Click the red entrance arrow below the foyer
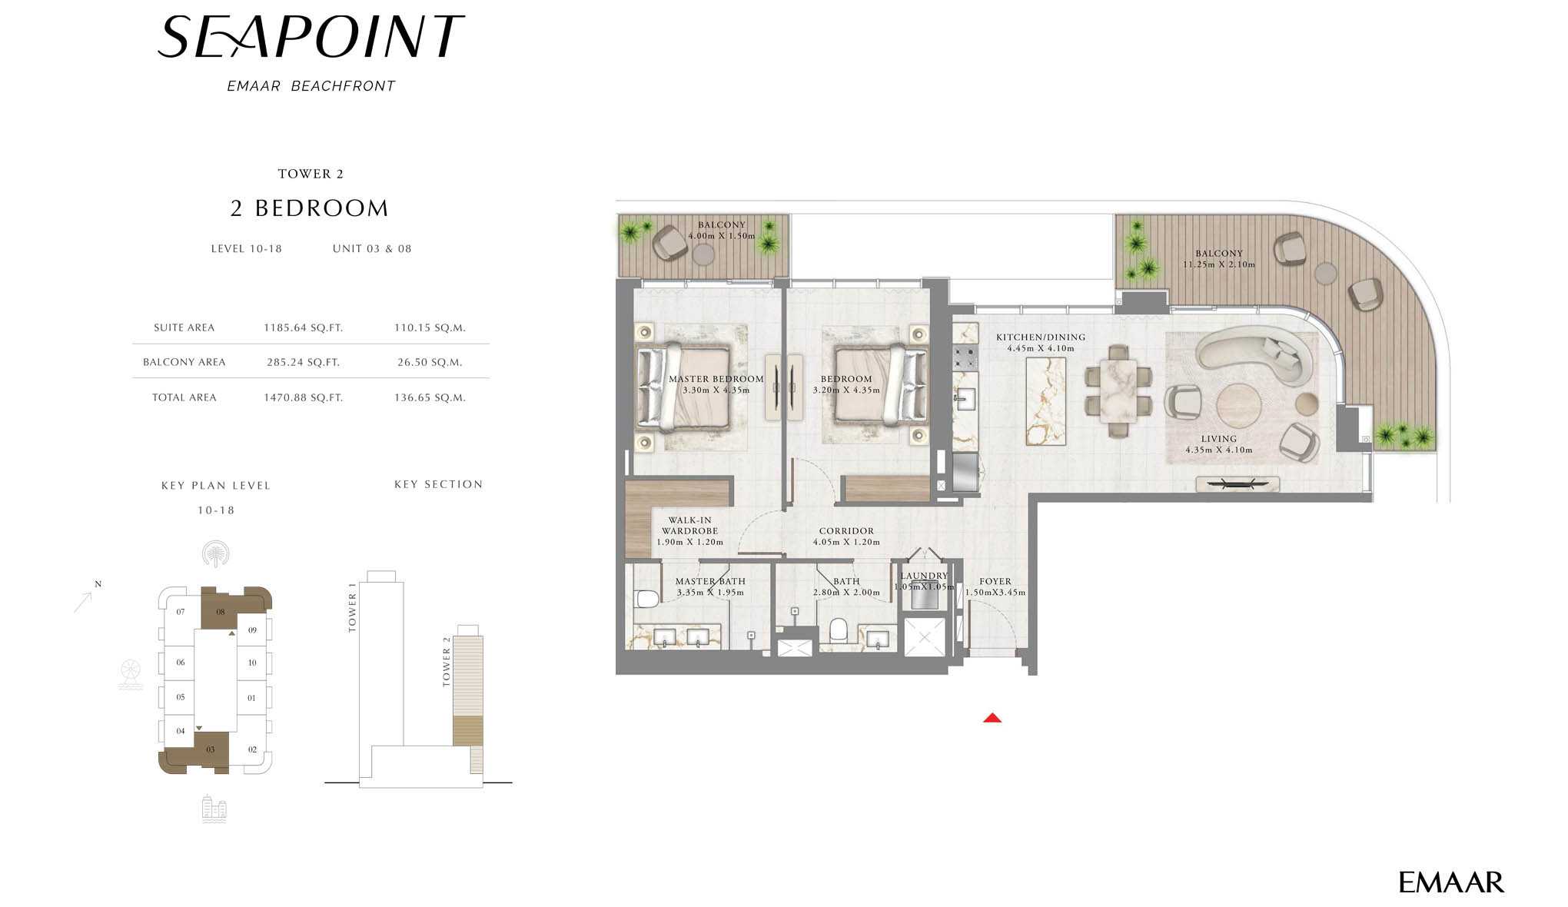[992, 718]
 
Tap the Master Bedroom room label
[716, 384]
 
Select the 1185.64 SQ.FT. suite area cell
[303, 327]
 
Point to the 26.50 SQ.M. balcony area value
[430, 362]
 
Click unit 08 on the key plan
[220, 612]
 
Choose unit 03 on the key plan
[210, 749]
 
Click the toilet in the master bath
[646, 598]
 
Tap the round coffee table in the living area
[1237, 404]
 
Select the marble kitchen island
[1046, 400]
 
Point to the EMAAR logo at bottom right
[1450, 882]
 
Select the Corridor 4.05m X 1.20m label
[846, 537]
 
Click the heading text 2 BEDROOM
[310, 208]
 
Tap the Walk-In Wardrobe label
[689, 530]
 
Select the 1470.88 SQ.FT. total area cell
[303, 397]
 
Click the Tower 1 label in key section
[353, 607]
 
